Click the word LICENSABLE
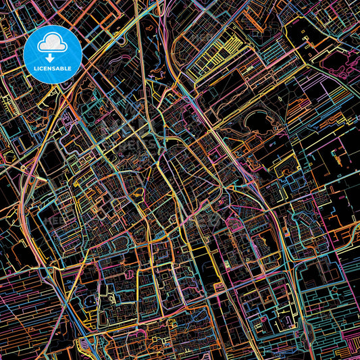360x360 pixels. (53, 68)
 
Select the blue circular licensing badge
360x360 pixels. (53, 54)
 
